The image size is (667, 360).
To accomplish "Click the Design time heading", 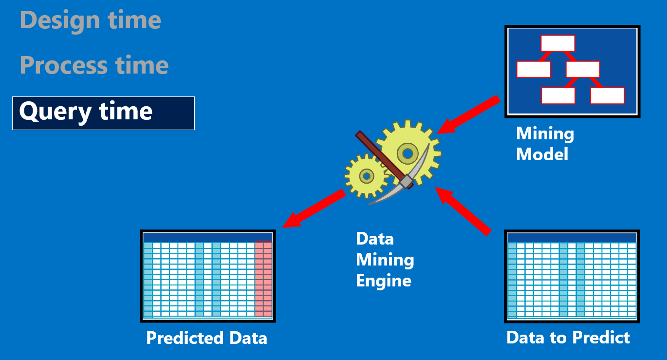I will coord(91,20).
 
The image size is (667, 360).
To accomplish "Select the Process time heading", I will coord(94,65).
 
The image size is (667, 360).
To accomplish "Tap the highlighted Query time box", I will coord(103,113).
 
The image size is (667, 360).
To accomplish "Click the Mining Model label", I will coord(545,144).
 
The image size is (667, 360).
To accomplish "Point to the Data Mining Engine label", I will coord(385,260).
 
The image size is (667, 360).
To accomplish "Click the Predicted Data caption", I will coord(207,338).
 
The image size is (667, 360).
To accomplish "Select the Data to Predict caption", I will coord(568,338).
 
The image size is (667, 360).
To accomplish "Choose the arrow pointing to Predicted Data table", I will coord(314,209).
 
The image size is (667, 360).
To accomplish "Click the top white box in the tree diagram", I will coord(557,43).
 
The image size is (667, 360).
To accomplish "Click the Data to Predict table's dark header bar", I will coord(572,237).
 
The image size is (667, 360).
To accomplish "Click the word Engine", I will coord(384,281).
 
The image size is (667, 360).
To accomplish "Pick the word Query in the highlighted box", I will coord(55,112).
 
